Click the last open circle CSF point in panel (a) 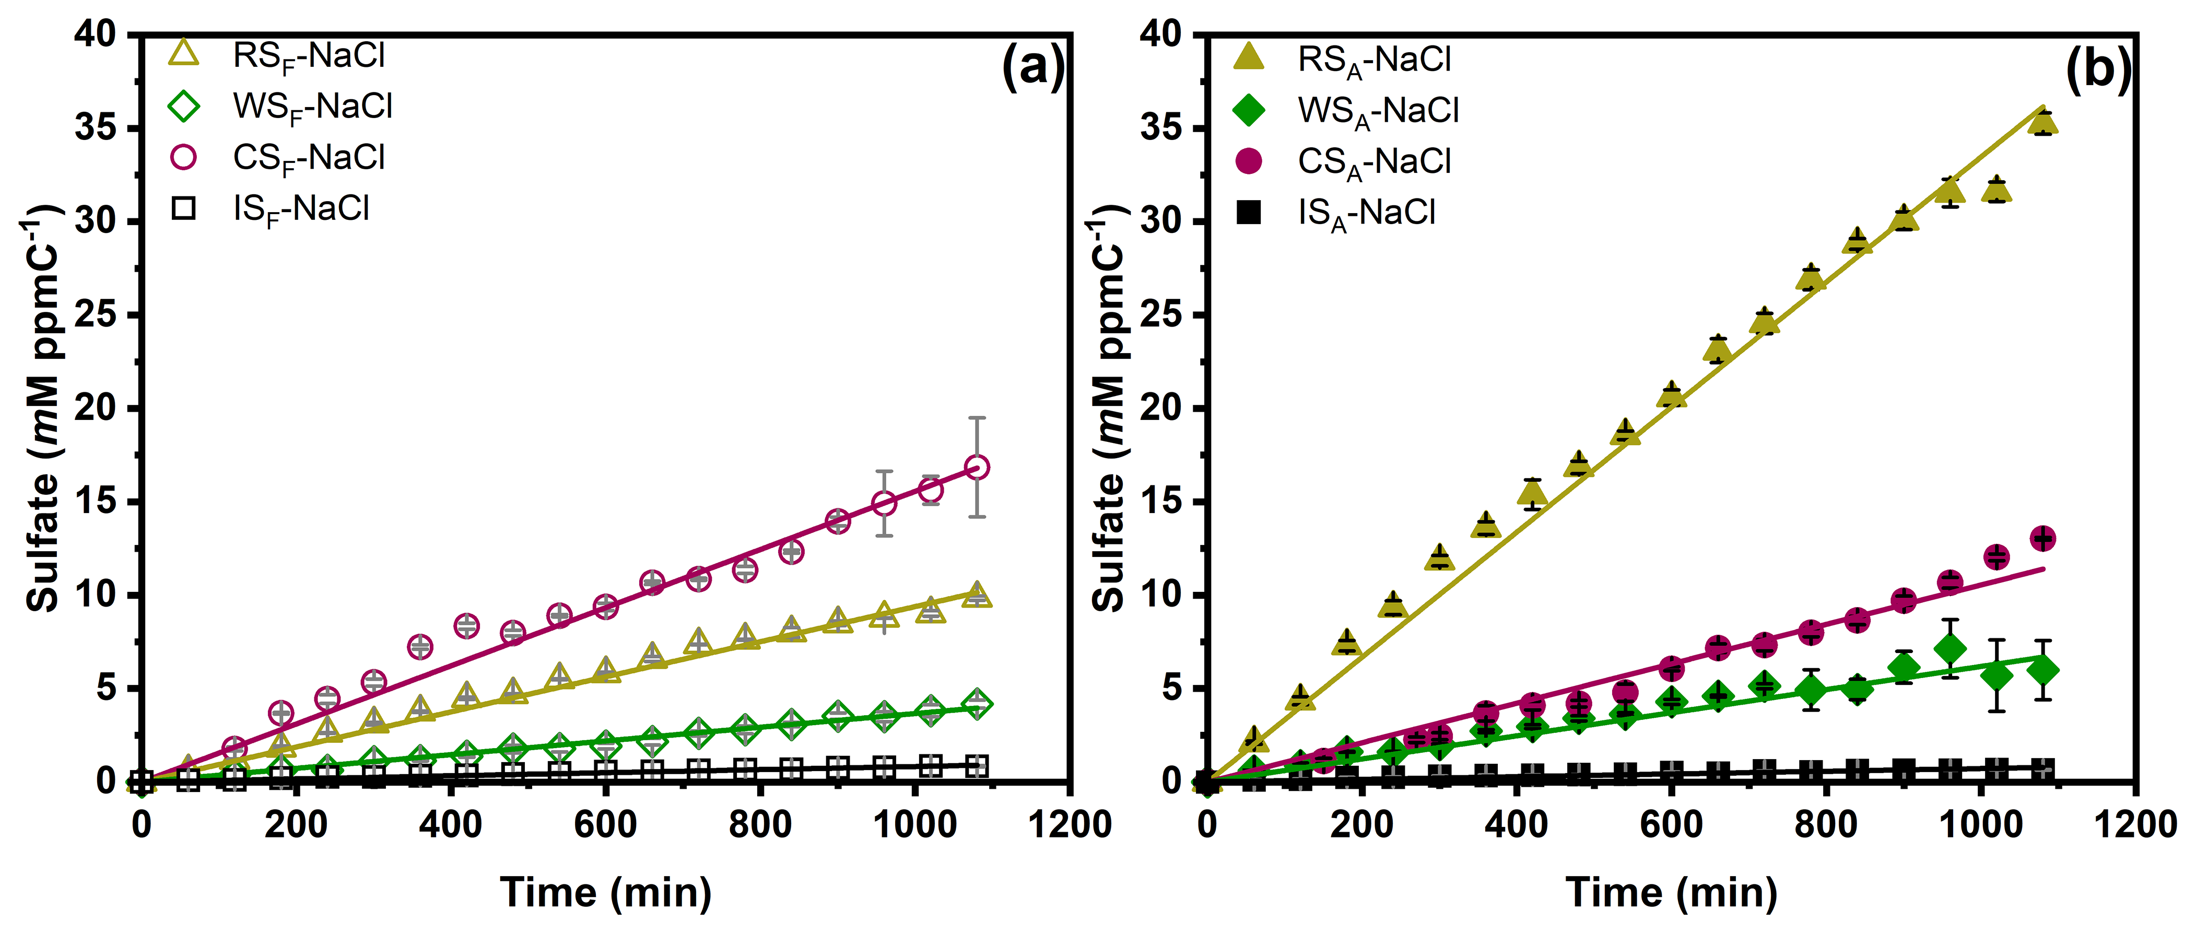point(977,468)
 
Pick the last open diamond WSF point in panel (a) point(977,704)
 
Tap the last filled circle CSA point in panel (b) point(2042,538)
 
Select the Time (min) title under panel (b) point(1671,893)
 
